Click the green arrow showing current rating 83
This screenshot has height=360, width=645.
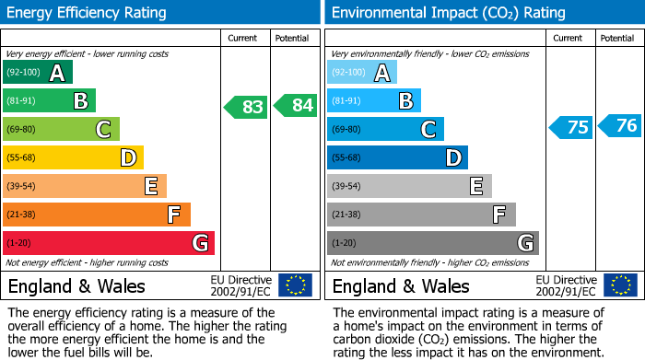[246, 107]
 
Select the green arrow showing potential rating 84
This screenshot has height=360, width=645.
[295, 107]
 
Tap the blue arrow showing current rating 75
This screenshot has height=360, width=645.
[571, 127]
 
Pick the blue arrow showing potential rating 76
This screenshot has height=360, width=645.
[620, 126]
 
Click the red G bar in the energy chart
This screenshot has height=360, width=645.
[109, 243]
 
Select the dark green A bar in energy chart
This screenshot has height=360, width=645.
[38, 73]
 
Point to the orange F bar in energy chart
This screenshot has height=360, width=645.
[97, 215]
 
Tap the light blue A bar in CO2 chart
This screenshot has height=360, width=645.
[362, 73]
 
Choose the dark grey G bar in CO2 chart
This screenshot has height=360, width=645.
[433, 243]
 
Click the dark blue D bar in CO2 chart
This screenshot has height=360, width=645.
[397, 157]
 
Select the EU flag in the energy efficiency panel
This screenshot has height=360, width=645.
[295, 285]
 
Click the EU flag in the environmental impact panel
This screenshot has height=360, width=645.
[619, 285]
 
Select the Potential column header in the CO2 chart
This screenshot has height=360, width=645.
[616, 38]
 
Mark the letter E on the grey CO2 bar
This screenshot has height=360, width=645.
[475, 187]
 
